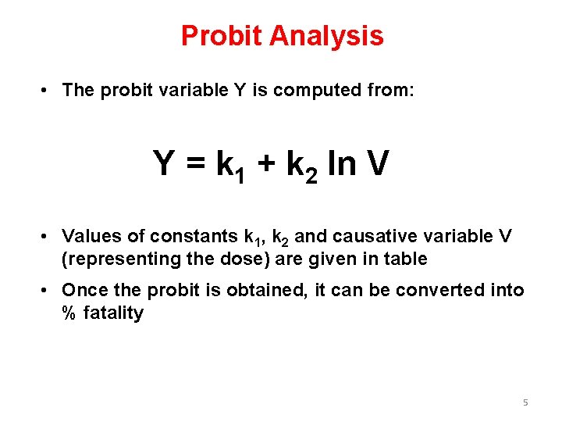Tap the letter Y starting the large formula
click(x=165, y=164)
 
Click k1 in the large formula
click(x=231, y=166)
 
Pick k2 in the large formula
click(x=304, y=166)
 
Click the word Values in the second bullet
click(x=88, y=236)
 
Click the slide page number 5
click(x=525, y=402)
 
